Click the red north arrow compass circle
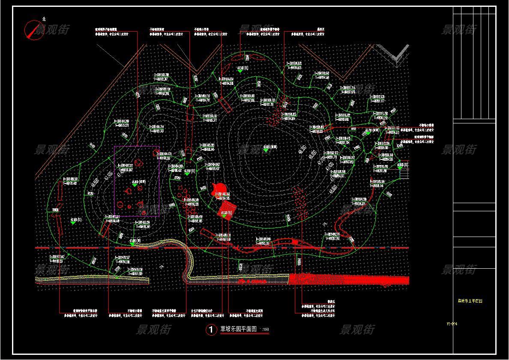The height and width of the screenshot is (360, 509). click(x=34, y=30)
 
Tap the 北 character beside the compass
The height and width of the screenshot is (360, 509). click(x=44, y=19)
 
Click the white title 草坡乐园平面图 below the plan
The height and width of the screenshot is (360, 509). click(x=238, y=329)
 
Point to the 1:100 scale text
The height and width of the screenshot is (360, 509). click(x=264, y=330)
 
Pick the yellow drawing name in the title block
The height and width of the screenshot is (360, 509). click(x=470, y=301)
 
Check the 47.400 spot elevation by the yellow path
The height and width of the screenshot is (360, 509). click(x=135, y=240)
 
